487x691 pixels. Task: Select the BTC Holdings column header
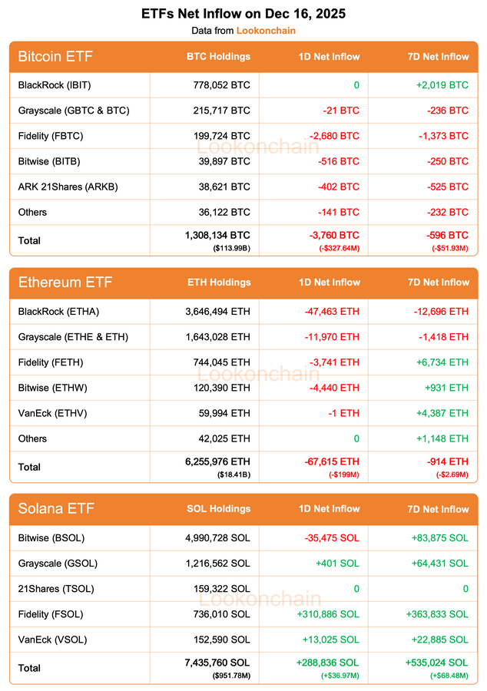click(218, 56)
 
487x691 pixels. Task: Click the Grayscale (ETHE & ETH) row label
click(73, 337)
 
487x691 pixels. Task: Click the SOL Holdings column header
click(218, 509)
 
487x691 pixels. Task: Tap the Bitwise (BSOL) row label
click(53, 538)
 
